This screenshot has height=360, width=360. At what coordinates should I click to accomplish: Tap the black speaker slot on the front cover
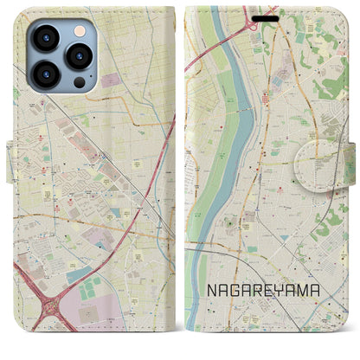267,16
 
